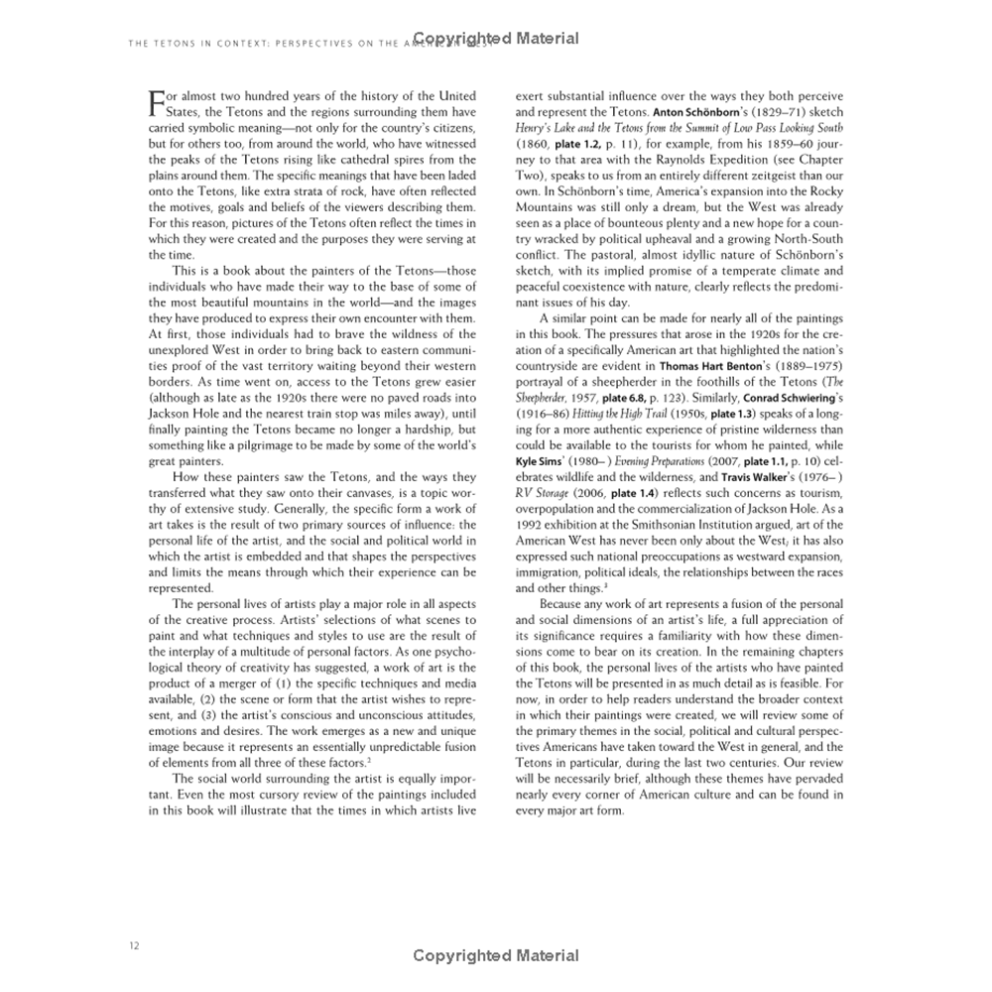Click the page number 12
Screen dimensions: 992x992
coord(134,945)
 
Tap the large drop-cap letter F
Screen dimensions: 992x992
coord(157,102)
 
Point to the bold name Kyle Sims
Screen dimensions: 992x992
coord(542,461)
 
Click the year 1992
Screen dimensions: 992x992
coord(531,525)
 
